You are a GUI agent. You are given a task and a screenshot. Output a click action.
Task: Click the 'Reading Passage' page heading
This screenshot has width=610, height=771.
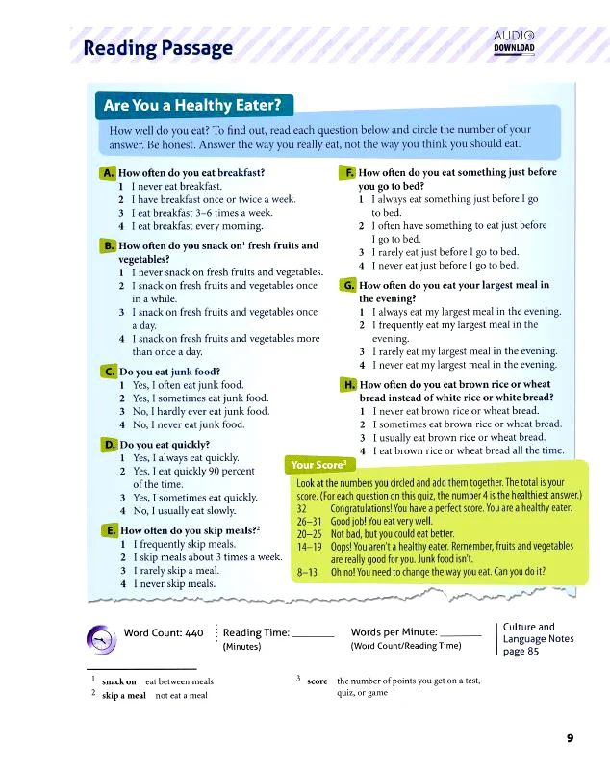tap(158, 47)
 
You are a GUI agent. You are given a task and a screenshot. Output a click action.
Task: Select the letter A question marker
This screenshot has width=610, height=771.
tap(107, 173)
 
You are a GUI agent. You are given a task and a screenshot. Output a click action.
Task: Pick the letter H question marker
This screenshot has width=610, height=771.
tap(348, 385)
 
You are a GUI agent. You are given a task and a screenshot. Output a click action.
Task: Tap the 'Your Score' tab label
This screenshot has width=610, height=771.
tap(318, 466)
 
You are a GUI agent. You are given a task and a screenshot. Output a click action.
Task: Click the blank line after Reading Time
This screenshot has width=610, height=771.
tap(312, 636)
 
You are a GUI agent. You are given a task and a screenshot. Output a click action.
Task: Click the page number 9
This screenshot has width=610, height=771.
tap(570, 738)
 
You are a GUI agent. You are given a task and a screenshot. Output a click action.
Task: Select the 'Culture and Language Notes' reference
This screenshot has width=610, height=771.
tap(539, 638)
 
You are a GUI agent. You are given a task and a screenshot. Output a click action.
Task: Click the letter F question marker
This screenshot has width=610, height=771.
tap(348, 173)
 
